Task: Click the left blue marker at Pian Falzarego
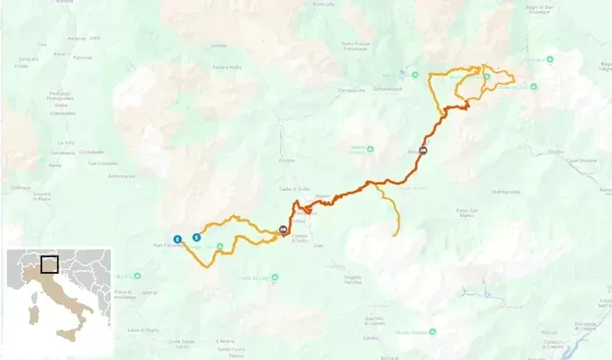coord(177,239)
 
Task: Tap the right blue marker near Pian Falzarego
coord(196,238)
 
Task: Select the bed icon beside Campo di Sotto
coord(284,229)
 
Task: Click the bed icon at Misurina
coord(422,152)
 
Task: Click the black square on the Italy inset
coord(50,265)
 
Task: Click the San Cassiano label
coord(93,164)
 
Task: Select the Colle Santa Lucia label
coord(180,342)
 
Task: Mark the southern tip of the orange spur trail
coord(396,235)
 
